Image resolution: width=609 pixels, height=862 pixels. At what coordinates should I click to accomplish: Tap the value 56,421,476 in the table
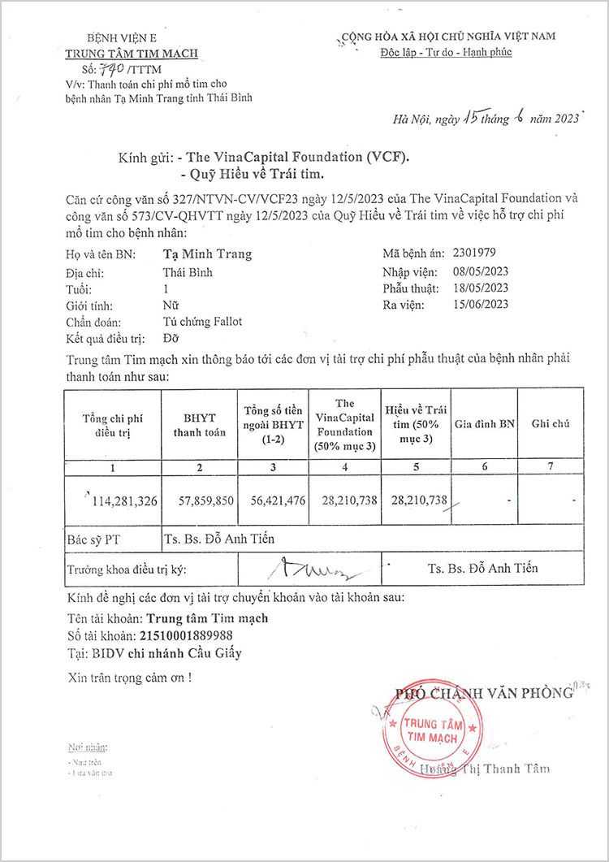point(272,500)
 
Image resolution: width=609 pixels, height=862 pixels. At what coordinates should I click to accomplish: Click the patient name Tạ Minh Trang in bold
point(207,254)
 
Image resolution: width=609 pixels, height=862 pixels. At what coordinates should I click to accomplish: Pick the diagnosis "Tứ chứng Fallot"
point(202,322)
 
